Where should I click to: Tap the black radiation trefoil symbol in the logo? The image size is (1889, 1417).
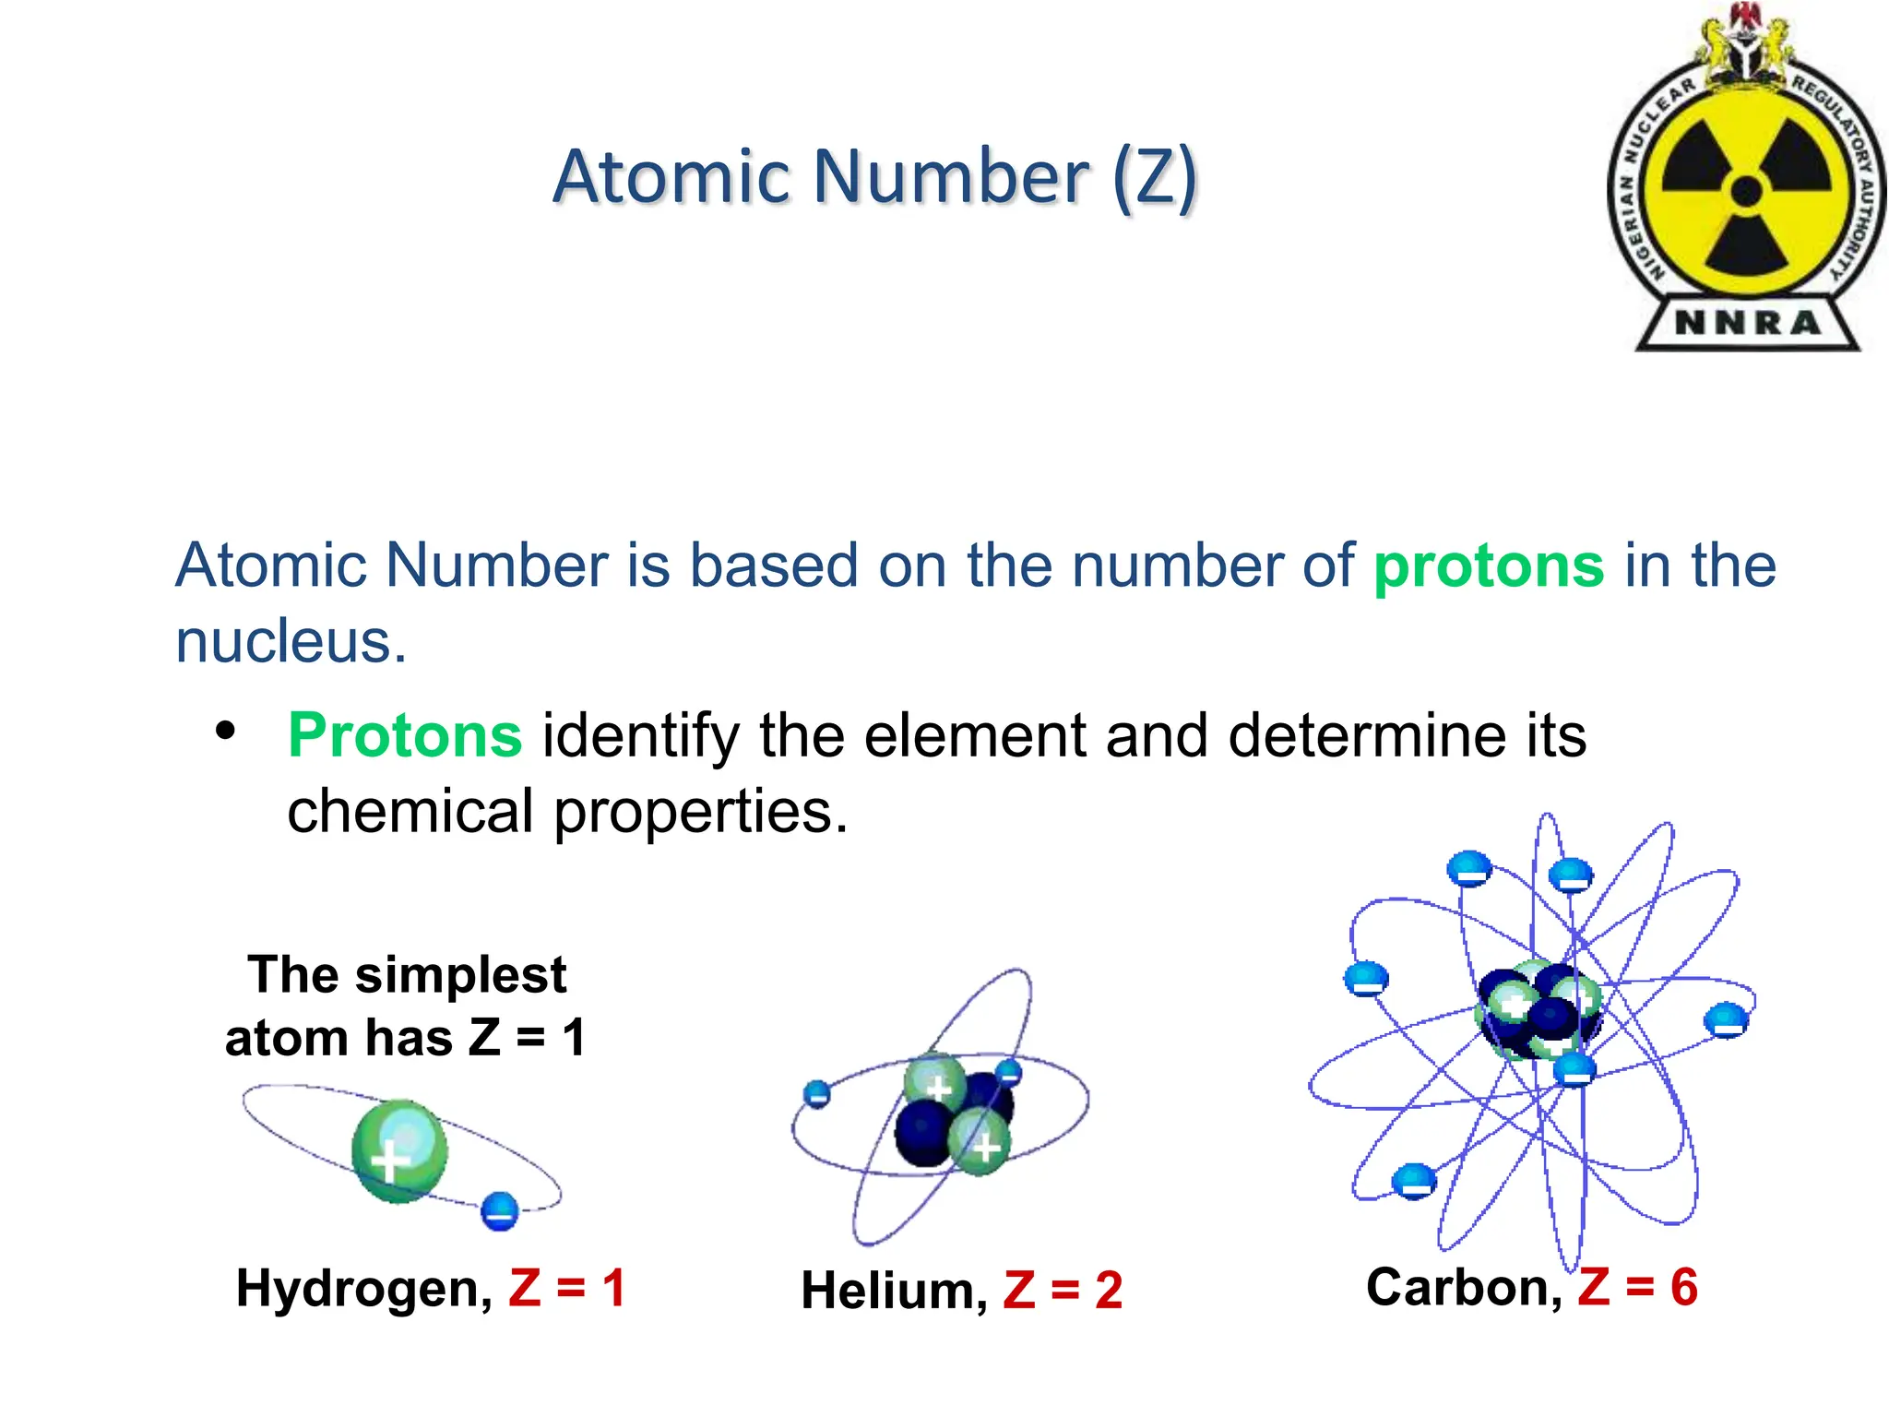pyautogui.click(x=1746, y=193)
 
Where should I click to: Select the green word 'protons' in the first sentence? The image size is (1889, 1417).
pyautogui.click(x=1489, y=565)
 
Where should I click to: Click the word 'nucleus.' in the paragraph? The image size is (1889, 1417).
pyautogui.click(x=291, y=641)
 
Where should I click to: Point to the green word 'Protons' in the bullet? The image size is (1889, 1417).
pyautogui.click(x=405, y=736)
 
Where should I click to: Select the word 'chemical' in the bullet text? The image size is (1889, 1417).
pyautogui.click(x=410, y=812)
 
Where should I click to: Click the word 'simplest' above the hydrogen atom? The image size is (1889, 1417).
pyautogui.click(x=460, y=975)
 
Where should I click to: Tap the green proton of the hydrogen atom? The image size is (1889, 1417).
pyautogui.click(x=399, y=1150)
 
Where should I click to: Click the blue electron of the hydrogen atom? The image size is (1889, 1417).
pyautogui.click(x=500, y=1210)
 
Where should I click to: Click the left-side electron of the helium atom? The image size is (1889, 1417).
pyautogui.click(x=817, y=1094)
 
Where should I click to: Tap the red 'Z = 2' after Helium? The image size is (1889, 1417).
pyautogui.click(x=1063, y=1290)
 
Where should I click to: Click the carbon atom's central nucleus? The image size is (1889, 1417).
pyautogui.click(x=1539, y=1011)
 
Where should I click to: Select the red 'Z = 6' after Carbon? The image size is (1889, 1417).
pyautogui.click(x=1637, y=1286)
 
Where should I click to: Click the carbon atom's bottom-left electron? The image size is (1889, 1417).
pyautogui.click(x=1413, y=1181)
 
